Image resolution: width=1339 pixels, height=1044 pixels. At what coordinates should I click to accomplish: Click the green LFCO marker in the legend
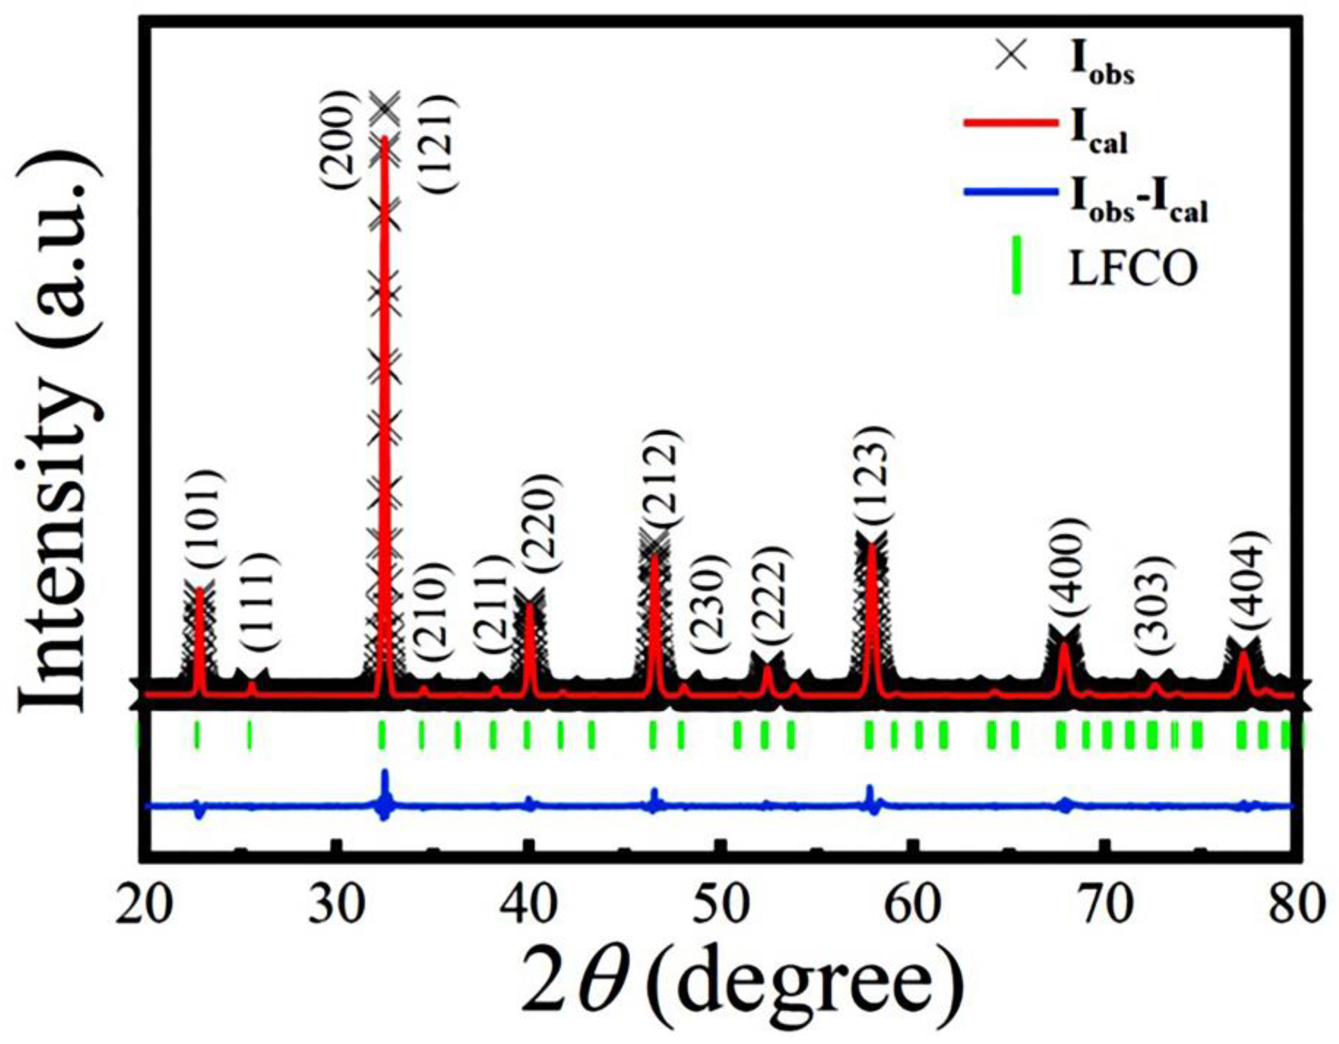1016,270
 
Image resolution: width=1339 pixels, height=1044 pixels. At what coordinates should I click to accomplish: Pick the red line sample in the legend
1012,123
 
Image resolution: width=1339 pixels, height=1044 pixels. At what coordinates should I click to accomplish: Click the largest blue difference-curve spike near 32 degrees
385,783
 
